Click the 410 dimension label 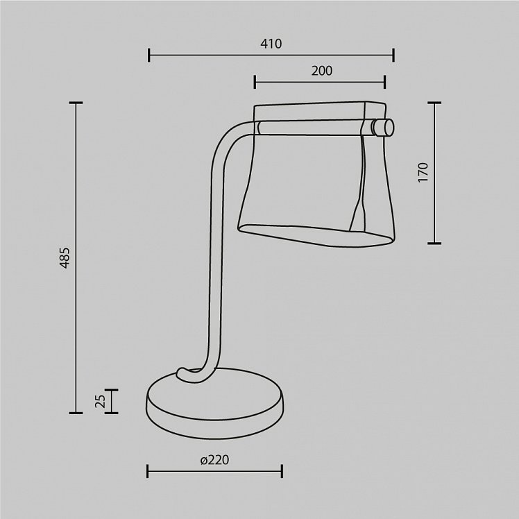(x=271, y=44)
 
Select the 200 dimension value (x=322, y=71)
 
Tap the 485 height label (x=65, y=257)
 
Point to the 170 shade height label (x=423, y=172)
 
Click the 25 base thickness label (x=101, y=401)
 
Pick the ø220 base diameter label (x=215, y=460)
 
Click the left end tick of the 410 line (x=149, y=55)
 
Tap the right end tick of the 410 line (x=393, y=55)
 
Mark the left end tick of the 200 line (x=255, y=82)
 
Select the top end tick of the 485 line (x=76, y=103)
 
